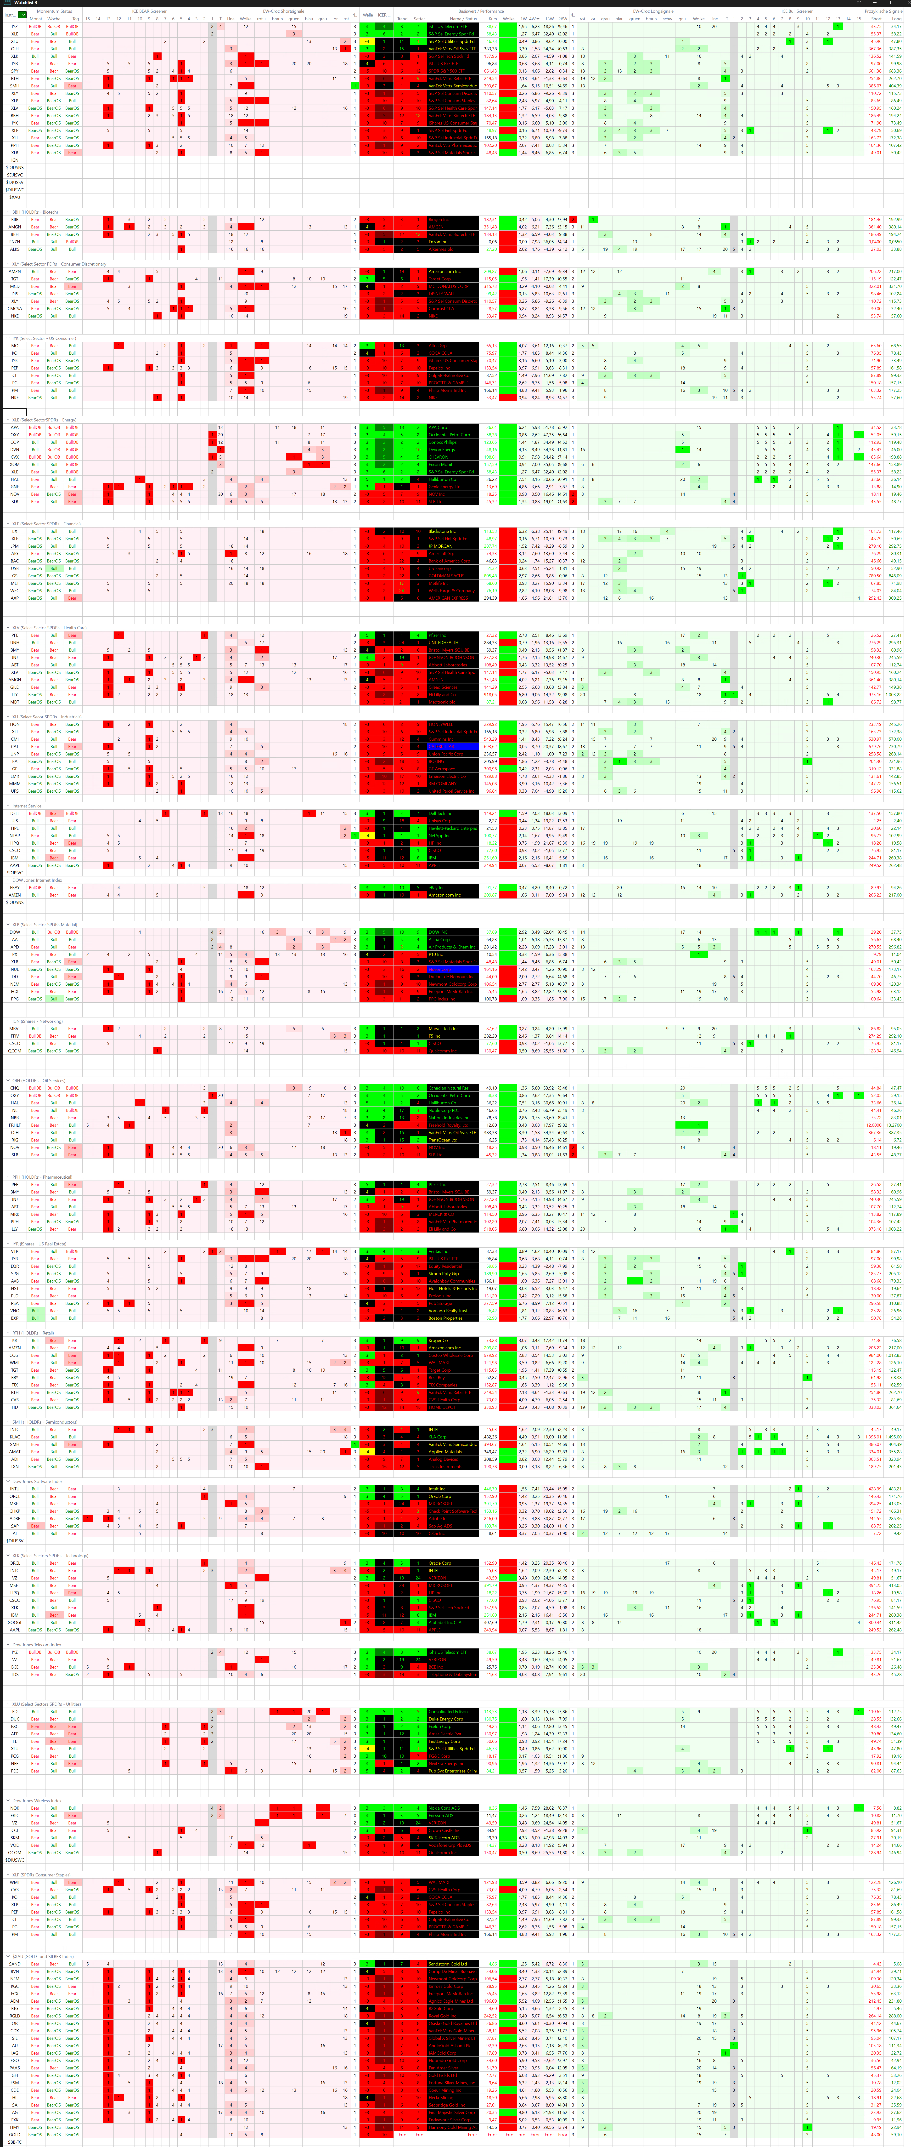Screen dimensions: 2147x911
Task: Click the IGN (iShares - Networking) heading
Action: coord(38,1021)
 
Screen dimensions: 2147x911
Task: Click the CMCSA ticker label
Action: coord(15,308)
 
